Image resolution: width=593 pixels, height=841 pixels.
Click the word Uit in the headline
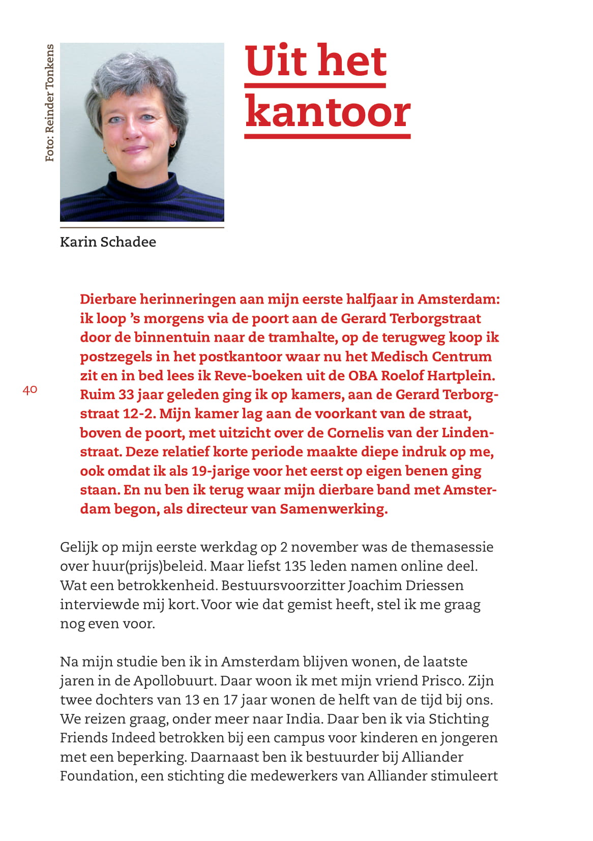click(276, 61)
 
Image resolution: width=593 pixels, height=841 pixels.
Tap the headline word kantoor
click(328, 112)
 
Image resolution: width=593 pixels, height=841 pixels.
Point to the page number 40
click(30, 390)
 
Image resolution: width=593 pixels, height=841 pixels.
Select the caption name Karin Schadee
click(108, 242)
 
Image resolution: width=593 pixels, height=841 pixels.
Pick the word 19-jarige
click(220, 471)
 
